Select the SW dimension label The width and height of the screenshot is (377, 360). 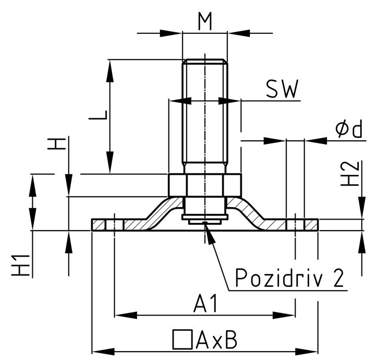pyautogui.click(x=282, y=90)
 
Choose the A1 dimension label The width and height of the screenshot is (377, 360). pyautogui.click(x=204, y=303)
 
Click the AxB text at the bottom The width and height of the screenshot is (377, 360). pyautogui.click(x=217, y=340)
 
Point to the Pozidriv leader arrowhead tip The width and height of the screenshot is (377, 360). pyautogui.click(x=206, y=223)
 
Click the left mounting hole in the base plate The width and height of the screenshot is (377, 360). pyautogui.click(x=114, y=225)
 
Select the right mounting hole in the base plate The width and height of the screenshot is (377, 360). pyautogui.click(x=295, y=225)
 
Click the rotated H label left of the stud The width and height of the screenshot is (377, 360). pyautogui.click(x=60, y=143)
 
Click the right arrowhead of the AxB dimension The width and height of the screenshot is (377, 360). pyautogui.click(x=314, y=349)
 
